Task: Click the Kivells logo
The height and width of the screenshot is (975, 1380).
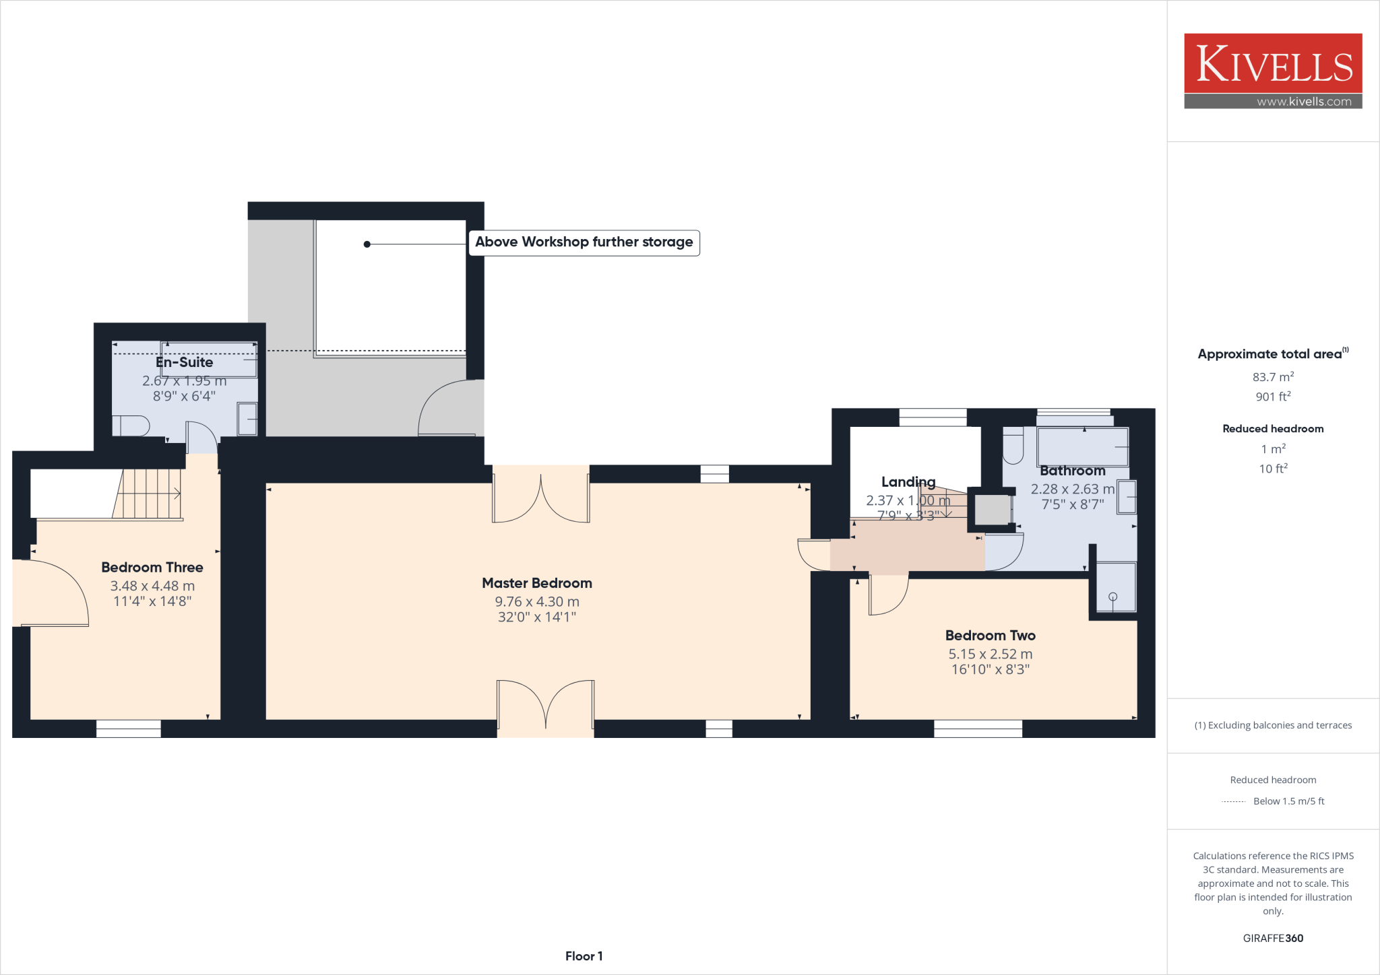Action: pos(1273,63)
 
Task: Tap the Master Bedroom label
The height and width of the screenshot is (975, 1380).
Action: pos(536,583)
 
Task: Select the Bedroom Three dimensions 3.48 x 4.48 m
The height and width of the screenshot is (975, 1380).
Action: pos(152,586)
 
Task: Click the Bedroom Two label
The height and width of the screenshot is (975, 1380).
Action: pos(990,636)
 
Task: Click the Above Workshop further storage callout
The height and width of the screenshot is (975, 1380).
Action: pos(584,242)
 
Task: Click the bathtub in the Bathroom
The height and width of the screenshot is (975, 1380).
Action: pos(1082,446)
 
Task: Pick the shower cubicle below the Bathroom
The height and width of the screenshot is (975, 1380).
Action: pos(1115,588)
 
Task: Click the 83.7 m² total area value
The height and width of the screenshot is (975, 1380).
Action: pos(1273,377)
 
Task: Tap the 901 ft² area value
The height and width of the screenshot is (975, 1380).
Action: pos(1273,397)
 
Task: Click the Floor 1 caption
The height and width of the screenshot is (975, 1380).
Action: pos(584,956)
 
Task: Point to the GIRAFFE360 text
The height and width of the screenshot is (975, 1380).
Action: pos(1273,938)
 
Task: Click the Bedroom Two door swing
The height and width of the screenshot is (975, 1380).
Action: pos(887,595)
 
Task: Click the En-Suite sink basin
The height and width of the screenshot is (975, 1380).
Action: pos(247,419)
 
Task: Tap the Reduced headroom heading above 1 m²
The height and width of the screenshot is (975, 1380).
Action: pos(1273,429)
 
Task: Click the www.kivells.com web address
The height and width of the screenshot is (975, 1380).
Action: pos(1303,102)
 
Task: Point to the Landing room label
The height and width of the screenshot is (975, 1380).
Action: pos(908,482)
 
